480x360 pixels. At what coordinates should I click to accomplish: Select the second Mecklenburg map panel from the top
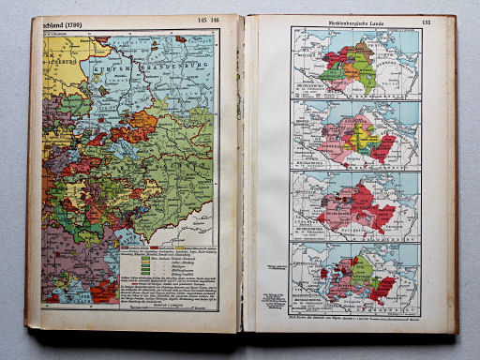pyautogui.click(x=355, y=134)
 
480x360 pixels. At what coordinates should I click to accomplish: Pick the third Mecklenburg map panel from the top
pyautogui.click(x=355, y=204)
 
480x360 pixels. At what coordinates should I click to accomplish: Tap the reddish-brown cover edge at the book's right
pyautogui.click(x=455, y=178)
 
